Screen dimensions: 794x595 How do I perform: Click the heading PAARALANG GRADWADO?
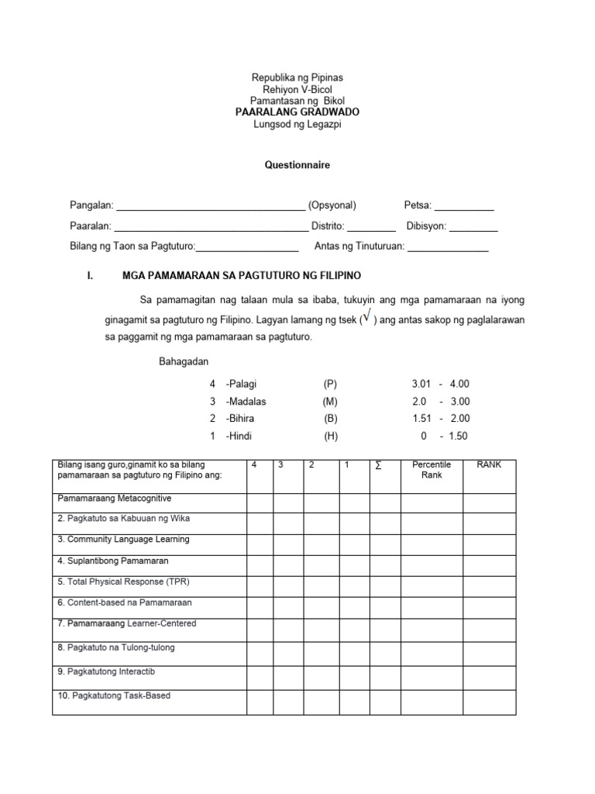[x=297, y=112]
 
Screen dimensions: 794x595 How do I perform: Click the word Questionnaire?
[x=297, y=165]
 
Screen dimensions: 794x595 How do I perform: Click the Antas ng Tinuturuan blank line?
[x=448, y=249]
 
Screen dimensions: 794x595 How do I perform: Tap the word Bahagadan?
[x=184, y=362]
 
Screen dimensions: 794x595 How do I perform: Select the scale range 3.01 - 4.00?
[x=441, y=384]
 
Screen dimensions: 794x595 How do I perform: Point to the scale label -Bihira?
[x=241, y=419]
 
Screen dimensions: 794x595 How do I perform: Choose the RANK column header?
[x=489, y=464]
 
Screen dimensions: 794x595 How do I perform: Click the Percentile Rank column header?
[x=432, y=470]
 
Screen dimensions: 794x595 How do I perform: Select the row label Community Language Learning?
[x=123, y=540]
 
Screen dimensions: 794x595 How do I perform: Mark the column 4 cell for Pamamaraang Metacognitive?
[x=260, y=503]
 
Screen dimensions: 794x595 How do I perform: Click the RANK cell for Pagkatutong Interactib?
[x=489, y=678]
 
